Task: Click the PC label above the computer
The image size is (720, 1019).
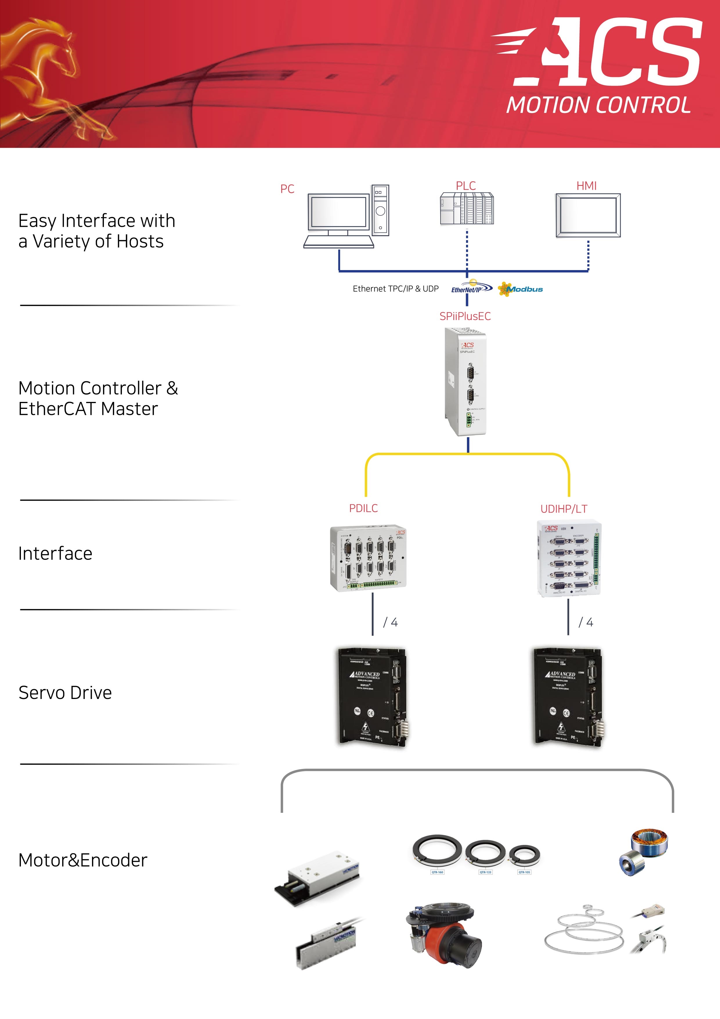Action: [x=287, y=189]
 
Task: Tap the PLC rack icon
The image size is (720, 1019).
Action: [x=467, y=209]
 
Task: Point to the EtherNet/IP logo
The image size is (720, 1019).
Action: [x=471, y=288]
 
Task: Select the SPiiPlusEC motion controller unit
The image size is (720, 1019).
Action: [x=466, y=382]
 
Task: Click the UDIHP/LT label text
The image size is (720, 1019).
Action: [x=563, y=509]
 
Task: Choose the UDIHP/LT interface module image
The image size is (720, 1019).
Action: [x=569, y=558]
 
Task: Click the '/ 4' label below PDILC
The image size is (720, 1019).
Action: [x=390, y=623]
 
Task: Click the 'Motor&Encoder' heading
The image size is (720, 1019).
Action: [x=82, y=860]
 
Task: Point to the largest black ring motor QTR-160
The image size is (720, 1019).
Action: [x=437, y=850]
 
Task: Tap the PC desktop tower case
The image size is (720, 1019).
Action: [x=380, y=210]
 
